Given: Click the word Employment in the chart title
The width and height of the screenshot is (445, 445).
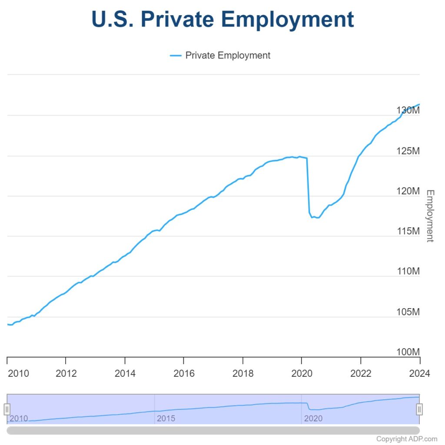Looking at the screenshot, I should (x=287, y=20).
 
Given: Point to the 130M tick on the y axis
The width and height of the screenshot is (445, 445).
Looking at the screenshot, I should (x=408, y=111).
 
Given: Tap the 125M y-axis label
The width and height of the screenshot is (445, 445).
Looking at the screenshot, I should (x=408, y=151).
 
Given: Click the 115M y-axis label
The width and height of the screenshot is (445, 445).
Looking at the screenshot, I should (x=408, y=231).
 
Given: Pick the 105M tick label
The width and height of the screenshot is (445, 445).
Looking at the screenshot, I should (x=408, y=312).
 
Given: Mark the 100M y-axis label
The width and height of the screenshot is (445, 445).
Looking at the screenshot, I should (x=408, y=352).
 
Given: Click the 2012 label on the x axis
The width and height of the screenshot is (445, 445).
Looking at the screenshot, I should (x=66, y=373).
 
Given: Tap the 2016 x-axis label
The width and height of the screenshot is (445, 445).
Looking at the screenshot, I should (x=183, y=373).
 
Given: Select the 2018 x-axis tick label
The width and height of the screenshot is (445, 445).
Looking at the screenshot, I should (x=242, y=373).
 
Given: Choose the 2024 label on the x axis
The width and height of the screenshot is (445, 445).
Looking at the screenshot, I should (x=420, y=373).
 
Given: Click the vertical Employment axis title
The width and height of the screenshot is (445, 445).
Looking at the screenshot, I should (x=430, y=216).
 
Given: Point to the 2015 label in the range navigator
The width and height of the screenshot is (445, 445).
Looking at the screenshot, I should (x=166, y=418).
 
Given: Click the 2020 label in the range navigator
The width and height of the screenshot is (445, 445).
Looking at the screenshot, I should (x=313, y=418).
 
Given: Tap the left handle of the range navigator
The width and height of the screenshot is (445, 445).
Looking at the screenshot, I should (x=7, y=409).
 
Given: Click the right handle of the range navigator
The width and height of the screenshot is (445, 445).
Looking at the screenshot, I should (x=419, y=409).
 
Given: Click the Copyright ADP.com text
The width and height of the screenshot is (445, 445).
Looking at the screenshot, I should (x=407, y=439).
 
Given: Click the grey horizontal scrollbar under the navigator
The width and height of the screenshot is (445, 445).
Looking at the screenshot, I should (x=213, y=430).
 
